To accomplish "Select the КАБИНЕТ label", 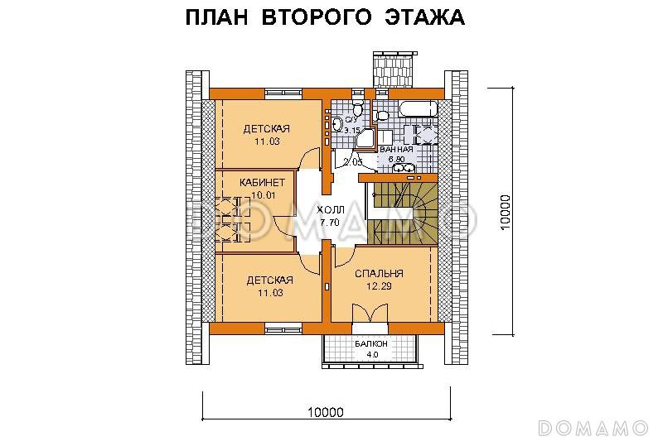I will click(x=263, y=182).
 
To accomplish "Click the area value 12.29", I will click(x=378, y=286).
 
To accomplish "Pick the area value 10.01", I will click(x=263, y=195).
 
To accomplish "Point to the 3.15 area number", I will click(x=352, y=131).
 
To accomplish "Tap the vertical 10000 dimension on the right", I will click(x=508, y=215).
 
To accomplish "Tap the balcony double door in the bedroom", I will click(x=370, y=316).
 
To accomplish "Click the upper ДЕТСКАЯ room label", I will click(x=266, y=128).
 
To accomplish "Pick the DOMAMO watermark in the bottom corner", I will click(x=592, y=427).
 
